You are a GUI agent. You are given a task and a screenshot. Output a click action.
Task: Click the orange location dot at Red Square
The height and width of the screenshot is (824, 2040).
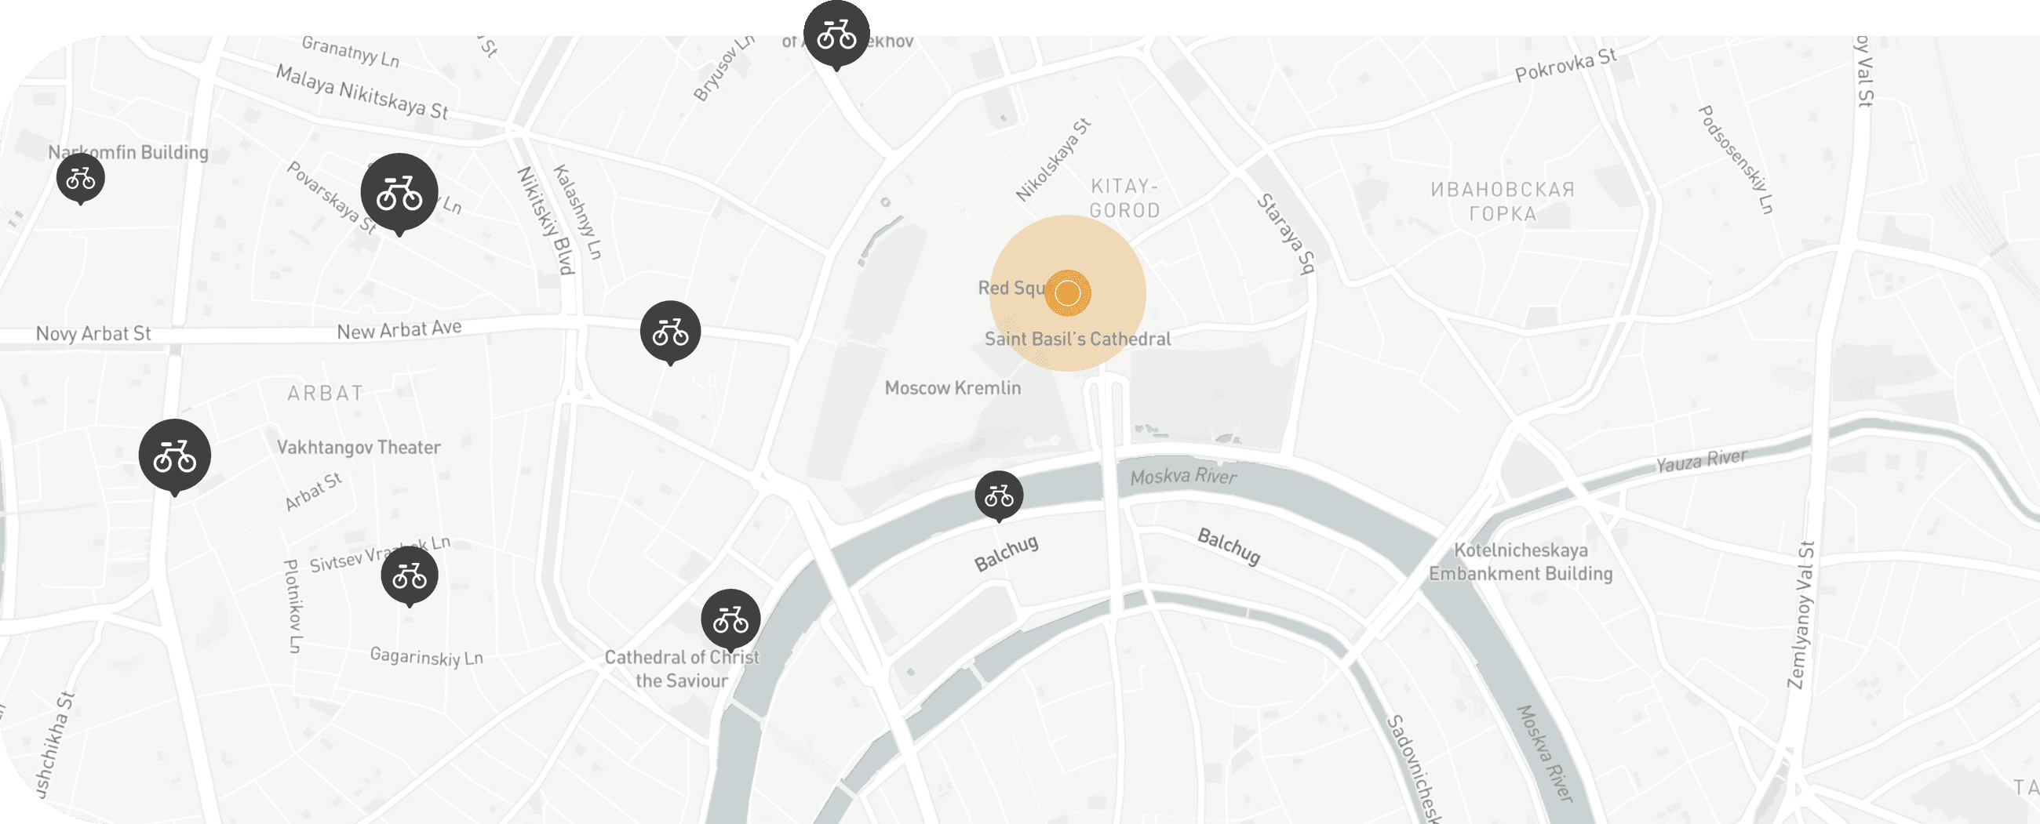[1068, 293]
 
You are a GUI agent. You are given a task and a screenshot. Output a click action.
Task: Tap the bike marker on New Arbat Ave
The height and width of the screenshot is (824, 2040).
[670, 331]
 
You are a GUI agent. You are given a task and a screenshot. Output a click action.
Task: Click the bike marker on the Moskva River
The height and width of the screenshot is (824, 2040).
[999, 495]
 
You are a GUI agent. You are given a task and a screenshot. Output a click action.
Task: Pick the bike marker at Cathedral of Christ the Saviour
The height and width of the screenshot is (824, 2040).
[730, 619]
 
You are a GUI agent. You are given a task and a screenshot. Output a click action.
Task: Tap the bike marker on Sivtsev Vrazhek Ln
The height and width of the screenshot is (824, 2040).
[410, 575]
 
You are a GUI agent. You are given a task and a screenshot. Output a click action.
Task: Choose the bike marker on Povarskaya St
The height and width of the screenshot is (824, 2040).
[399, 192]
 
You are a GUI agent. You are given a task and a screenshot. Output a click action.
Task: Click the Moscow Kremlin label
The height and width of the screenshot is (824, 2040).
[953, 388]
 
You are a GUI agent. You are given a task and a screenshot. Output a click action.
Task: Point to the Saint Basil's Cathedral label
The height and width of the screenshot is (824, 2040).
[1077, 339]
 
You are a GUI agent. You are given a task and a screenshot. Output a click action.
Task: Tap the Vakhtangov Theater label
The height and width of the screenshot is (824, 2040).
[359, 447]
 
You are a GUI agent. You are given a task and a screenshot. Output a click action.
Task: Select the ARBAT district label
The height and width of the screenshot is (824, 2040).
[326, 393]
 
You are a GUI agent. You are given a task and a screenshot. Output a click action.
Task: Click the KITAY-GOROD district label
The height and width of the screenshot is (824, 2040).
[1124, 198]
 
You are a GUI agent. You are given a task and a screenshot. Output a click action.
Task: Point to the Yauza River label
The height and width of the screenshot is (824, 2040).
[1701, 461]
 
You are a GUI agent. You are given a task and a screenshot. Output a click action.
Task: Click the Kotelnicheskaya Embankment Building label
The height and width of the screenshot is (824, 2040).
[1521, 561]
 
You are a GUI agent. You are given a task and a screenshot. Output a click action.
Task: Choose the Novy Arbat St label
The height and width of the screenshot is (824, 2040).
[93, 333]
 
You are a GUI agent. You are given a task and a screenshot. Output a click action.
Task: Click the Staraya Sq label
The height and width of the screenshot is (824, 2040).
[1286, 234]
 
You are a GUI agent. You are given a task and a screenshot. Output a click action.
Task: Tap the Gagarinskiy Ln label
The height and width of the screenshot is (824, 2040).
[426, 657]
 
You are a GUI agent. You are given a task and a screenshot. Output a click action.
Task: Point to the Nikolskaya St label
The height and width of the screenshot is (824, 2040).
[1053, 160]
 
